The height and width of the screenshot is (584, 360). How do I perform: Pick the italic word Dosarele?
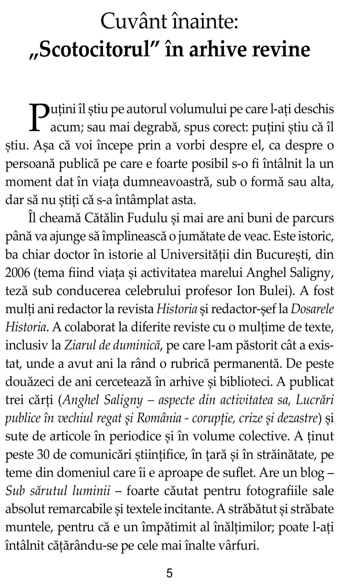(x=312, y=309)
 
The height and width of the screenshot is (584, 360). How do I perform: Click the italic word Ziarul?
(x=77, y=345)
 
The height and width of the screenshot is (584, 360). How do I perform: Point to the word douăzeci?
(x=29, y=382)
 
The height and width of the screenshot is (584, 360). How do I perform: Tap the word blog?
(x=312, y=473)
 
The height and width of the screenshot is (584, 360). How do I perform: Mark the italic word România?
(x=158, y=418)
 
